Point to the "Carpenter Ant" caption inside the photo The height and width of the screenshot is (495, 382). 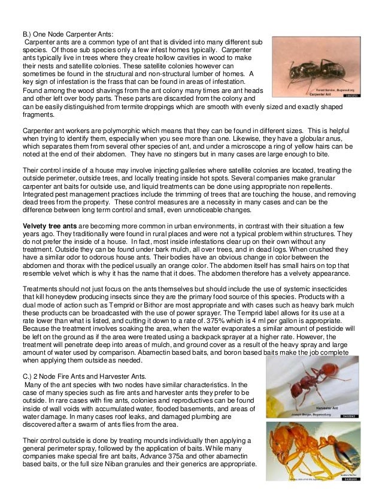[x=325, y=95]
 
